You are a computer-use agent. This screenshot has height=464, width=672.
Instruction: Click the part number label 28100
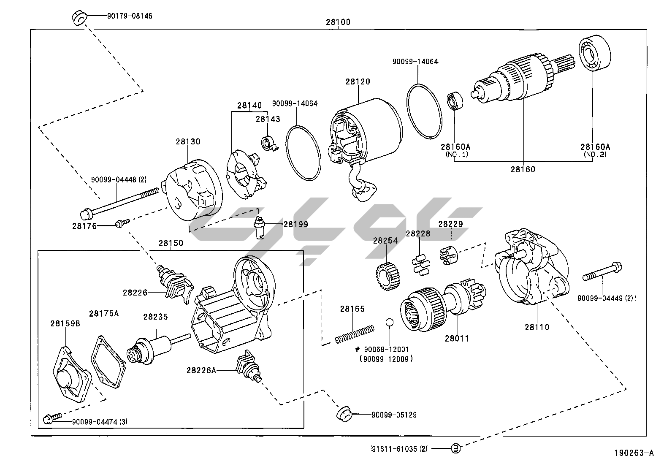click(338, 22)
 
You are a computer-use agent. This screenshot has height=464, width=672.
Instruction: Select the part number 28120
click(358, 81)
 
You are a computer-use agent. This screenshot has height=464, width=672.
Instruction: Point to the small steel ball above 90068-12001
click(389, 323)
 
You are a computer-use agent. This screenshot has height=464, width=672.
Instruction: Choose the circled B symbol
click(456, 448)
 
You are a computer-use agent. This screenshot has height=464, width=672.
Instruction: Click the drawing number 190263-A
click(633, 453)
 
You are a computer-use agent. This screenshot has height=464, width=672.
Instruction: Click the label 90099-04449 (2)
click(606, 298)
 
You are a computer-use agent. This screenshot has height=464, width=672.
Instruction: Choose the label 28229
click(450, 224)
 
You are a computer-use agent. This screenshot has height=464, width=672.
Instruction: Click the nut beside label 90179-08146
click(79, 18)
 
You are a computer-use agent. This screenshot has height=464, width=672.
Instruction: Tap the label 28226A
click(201, 370)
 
